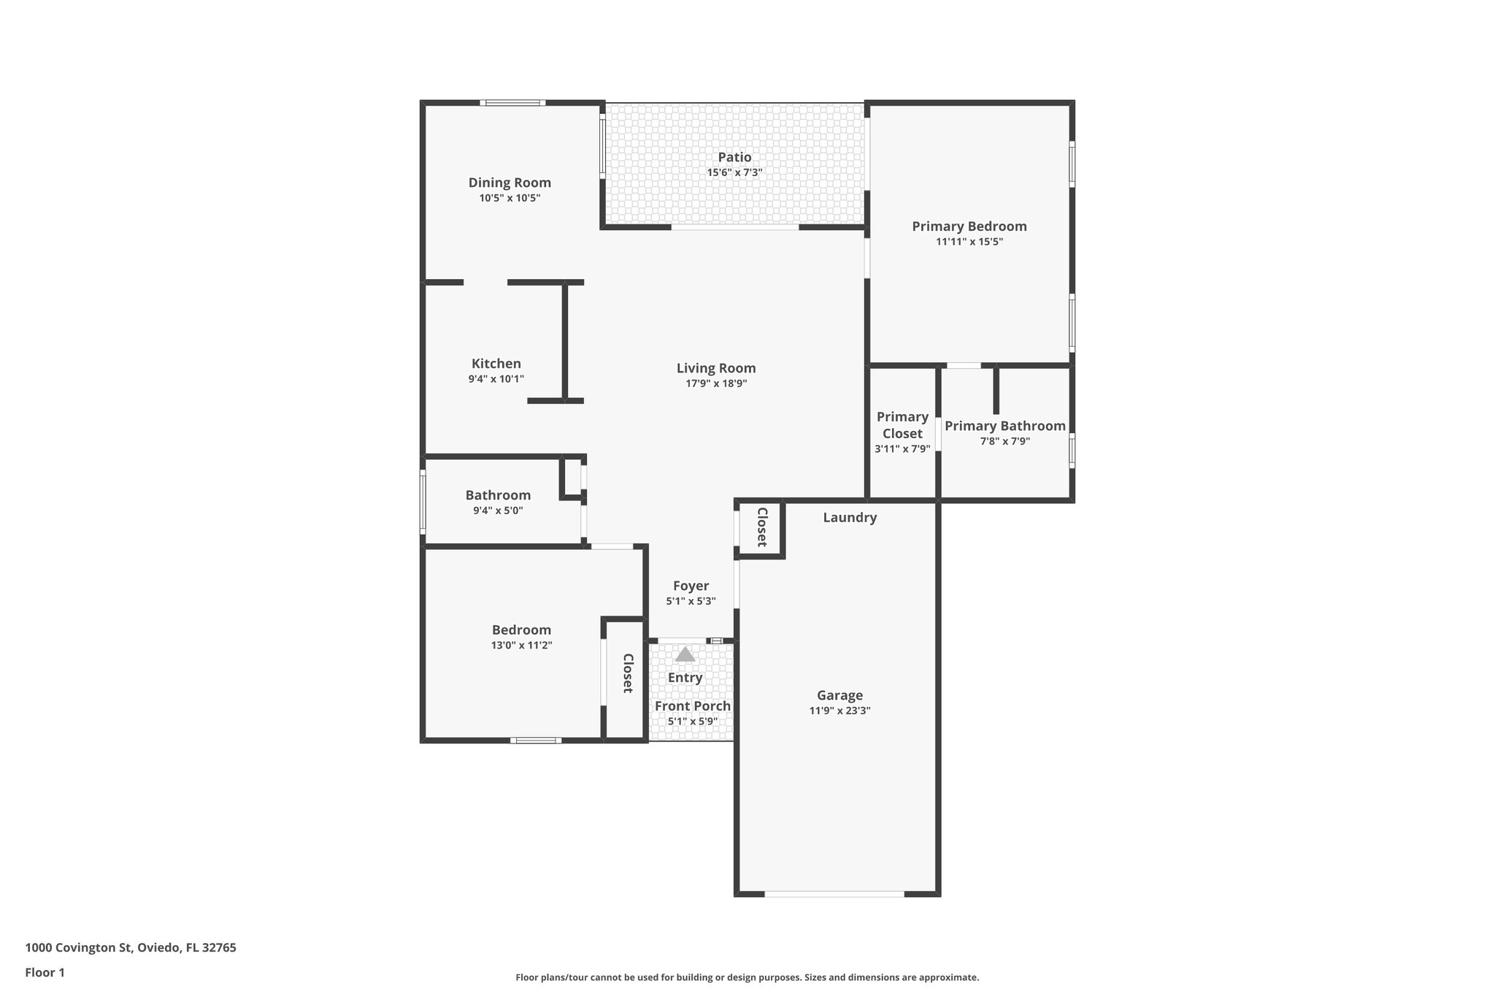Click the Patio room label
734,157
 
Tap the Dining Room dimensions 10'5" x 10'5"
510,198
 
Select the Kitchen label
496,364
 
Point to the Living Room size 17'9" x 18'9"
715,383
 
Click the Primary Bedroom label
969,226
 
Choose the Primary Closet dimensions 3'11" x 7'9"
902,449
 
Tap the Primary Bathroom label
1004,426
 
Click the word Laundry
850,518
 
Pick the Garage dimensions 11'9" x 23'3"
839,711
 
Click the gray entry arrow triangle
685,654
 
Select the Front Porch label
692,706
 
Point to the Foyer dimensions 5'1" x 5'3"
691,602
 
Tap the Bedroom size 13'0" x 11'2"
521,646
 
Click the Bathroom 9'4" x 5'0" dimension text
498,511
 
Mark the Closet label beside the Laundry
761,527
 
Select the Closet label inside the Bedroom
627,673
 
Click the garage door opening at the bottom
834,893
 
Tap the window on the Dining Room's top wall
512,103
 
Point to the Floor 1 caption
45,972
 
